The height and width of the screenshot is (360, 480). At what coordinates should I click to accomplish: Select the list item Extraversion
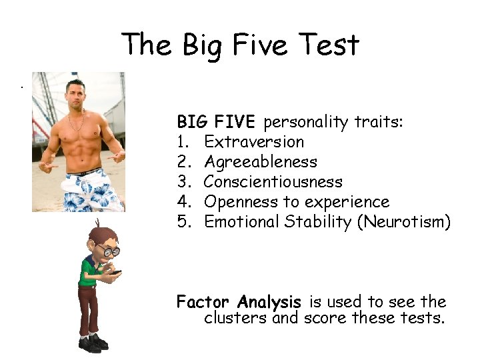click(254, 141)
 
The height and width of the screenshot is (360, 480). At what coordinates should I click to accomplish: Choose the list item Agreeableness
click(260, 161)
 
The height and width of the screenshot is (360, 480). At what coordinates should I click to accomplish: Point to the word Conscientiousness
click(273, 181)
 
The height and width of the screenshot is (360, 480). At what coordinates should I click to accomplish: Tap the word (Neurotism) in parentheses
click(404, 221)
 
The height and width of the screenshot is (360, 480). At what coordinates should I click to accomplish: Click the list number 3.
click(183, 181)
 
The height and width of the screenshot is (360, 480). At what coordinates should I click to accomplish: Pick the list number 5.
click(183, 221)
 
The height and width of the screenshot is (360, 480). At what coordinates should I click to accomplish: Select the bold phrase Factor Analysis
click(239, 302)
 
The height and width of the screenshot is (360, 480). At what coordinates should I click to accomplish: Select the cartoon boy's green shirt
click(89, 273)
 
